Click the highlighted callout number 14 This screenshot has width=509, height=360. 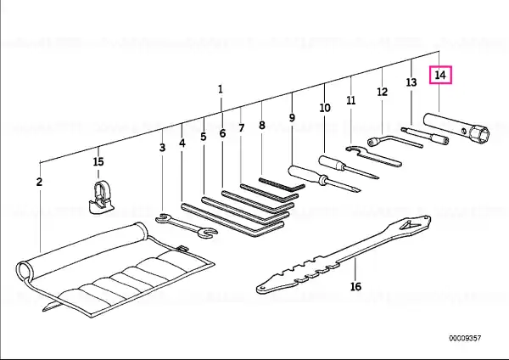point(440,75)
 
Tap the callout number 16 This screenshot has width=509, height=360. point(355,287)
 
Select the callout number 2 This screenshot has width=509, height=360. point(39,182)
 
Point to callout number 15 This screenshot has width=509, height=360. point(98,161)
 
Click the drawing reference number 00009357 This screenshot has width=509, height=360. point(465,338)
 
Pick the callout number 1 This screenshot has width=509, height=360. point(221,89)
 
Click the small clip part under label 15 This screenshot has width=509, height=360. point(101,198)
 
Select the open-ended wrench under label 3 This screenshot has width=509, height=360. point(187,226)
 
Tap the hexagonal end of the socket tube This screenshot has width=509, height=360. point(480,132)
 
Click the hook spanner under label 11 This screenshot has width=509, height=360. point(372,156)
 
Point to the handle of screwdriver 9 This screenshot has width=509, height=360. point(305,173)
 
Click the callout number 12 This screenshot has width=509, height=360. point(383,92)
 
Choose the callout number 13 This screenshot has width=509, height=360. point(411,82)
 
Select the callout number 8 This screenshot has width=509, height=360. point(262,125)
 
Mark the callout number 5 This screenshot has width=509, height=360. point(204,137)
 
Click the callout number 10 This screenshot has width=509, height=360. point(325,108)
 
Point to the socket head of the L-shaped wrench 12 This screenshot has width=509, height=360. point(372,142)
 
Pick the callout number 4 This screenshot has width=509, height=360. point(182,143)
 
